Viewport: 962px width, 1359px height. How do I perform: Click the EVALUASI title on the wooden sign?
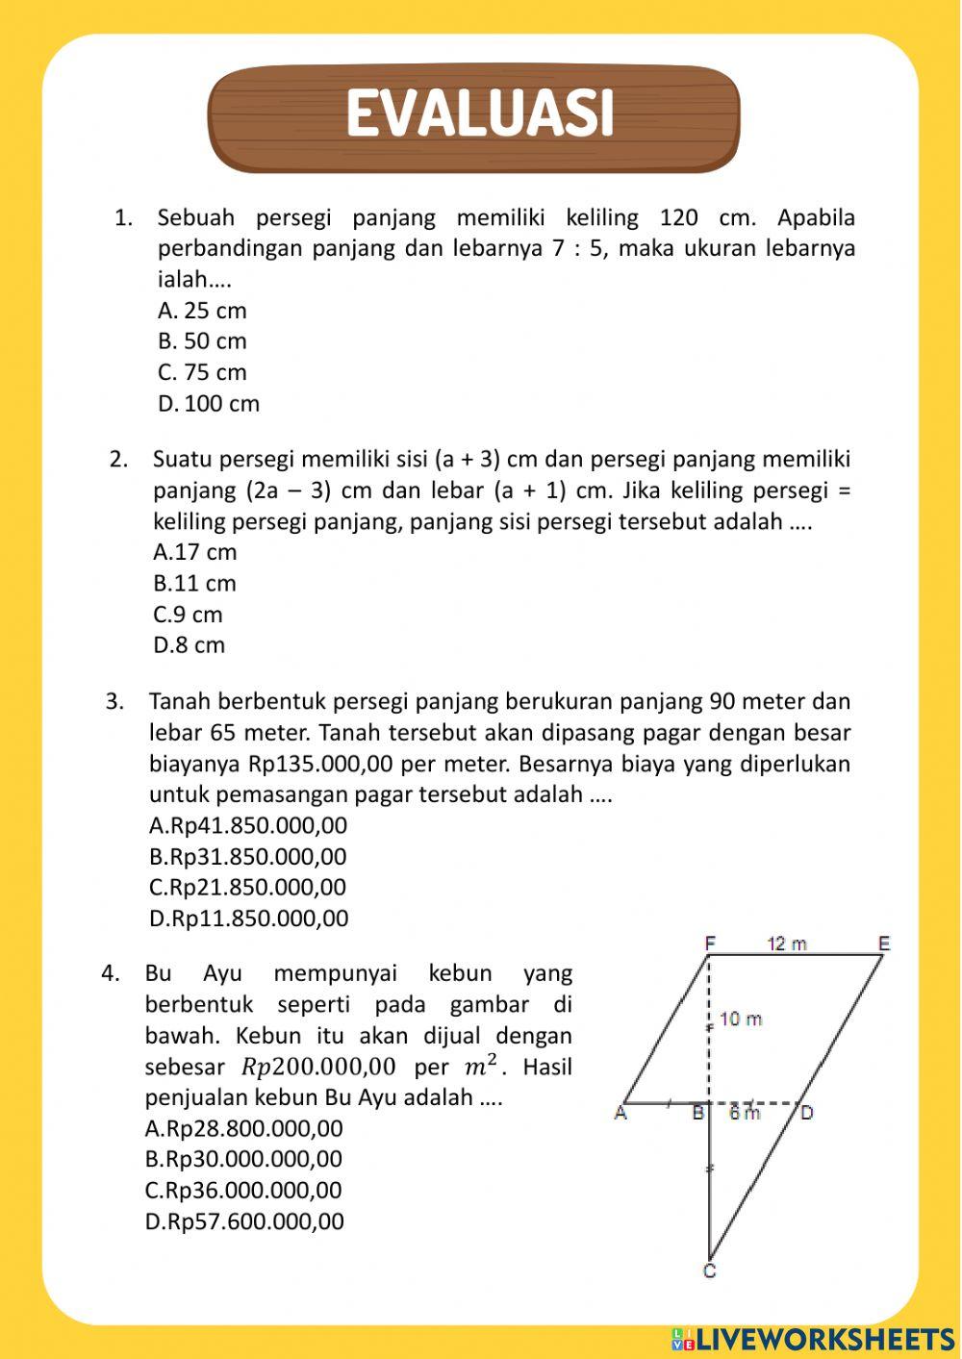point(478,114)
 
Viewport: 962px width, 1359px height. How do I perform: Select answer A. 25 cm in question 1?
point(202,311)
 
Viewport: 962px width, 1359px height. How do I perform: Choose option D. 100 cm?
point(209,404)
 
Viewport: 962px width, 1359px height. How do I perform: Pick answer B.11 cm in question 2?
point(194,584)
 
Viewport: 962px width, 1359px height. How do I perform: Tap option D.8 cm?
point(189,645)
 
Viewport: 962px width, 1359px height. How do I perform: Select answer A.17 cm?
point(194,552)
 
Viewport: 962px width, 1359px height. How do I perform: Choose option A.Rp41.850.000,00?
point(248,826)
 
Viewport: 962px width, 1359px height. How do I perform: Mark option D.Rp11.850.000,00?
point(248,919)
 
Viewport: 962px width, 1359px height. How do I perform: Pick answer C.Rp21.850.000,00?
point(247,887)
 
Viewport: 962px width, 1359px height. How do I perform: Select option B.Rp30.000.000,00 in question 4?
point(243,1159)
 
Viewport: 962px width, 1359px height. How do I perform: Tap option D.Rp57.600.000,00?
point(244,1221)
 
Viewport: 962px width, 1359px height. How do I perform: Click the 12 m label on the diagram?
point(787,944)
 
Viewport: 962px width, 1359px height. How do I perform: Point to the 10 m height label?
point(741,1019)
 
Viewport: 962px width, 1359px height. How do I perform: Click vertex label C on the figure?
point(709,1271)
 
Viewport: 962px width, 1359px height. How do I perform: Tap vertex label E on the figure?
point(884,944)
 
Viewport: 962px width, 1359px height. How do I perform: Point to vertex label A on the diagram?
point(620,1114)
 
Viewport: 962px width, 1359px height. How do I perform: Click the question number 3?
point(114,702)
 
